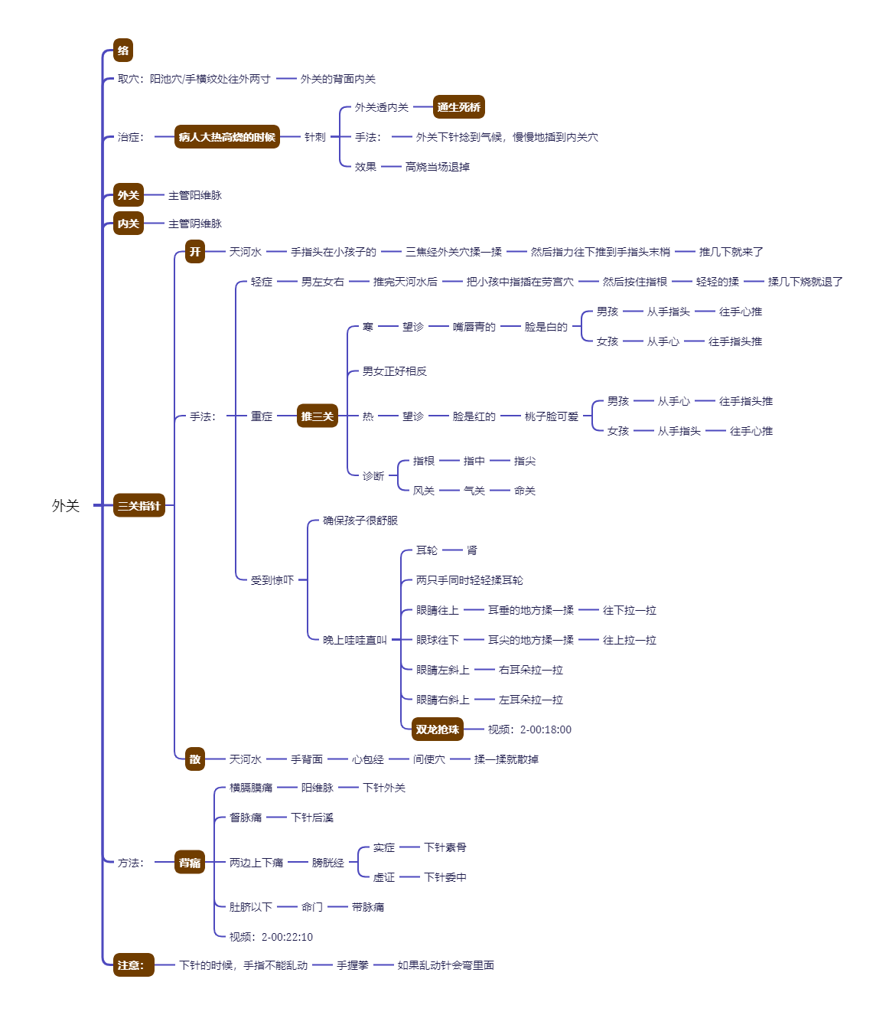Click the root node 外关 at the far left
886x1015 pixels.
click(x=66, y=505)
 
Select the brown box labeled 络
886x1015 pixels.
click(x=123, y=51)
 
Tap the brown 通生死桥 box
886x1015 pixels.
click(x=459, y=107)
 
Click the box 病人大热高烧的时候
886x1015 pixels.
click(x=226, y=137)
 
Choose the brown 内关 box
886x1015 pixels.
click(x=129, y=224)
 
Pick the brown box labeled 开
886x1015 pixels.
click(x=195, y=252)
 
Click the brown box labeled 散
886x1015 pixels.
click(x=195, y=759)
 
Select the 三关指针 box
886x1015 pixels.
click(x=139, y=505)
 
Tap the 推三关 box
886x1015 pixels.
click(x=318, y=416)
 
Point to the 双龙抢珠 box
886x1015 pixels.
click(x=438, y=729)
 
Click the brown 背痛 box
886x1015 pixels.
click(x=190, y=863)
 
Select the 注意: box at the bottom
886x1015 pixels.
click(x=133, y=965)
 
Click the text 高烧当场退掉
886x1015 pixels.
click(x=438, y=167)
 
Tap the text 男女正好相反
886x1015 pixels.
click(x=395, y=371)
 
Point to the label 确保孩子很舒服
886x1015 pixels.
click(x=360, y=521)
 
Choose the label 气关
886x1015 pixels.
click(x=474, y=491)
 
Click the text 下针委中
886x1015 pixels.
click(x=445, y=877)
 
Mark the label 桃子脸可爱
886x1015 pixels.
click(x=552, y=416)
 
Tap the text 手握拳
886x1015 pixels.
click(x=353, y=965)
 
